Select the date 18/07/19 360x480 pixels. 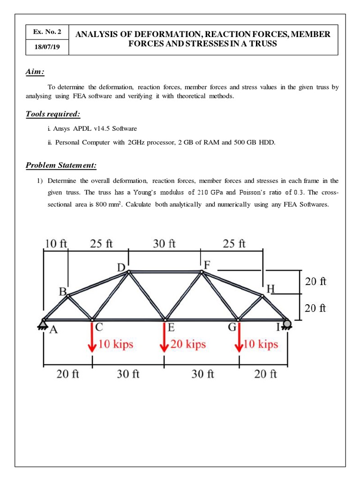point(47,48)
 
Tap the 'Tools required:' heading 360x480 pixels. point(52,114)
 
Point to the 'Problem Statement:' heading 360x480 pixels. point(61,165)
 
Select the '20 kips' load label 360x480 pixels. point(188,344)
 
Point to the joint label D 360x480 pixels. point(121,268)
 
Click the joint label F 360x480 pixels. point(208,264)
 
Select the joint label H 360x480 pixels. point(270,289)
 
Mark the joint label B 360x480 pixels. point(62,291)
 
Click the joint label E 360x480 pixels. point(172,328)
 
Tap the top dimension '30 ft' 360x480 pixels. point(165,244)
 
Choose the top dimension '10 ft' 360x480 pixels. point(56,244)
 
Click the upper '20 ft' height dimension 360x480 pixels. point(315,282)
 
